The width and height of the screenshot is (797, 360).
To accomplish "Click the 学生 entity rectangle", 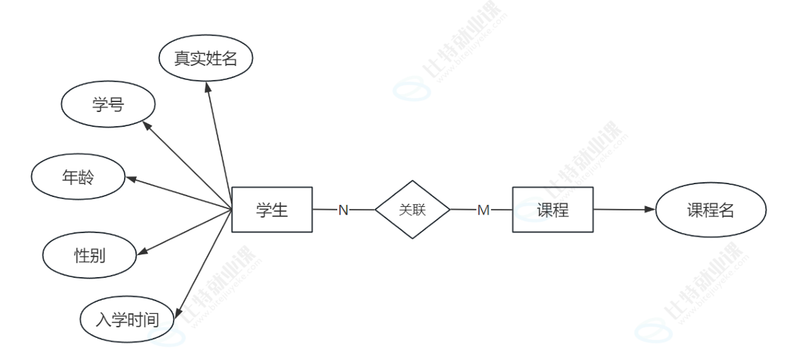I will [272, 210].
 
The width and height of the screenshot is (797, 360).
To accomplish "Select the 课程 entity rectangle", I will [553, 210].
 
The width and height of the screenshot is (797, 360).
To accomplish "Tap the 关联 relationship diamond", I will [412, 210].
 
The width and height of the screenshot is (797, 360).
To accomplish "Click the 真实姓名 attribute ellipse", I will [205, 59].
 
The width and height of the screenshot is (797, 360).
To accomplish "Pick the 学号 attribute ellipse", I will [108, 105].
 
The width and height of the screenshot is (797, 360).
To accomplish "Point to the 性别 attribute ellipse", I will [89, 255].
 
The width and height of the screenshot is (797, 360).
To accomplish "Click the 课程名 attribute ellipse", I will [711, 210].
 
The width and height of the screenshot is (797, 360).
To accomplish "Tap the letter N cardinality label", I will [343, 210].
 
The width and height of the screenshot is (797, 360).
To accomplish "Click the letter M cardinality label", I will [483, 210].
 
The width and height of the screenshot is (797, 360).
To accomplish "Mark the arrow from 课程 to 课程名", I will [620, 210].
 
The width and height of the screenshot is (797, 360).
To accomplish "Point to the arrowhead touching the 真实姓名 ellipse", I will [207, 86].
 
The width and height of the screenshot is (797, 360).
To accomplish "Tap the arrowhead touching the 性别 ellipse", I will [140, 250].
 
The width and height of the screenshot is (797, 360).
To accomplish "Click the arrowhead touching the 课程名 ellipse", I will [650, 210].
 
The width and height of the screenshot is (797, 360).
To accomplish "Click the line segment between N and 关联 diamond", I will [363, 210].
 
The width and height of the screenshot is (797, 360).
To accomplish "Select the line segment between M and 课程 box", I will [502, 210].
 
